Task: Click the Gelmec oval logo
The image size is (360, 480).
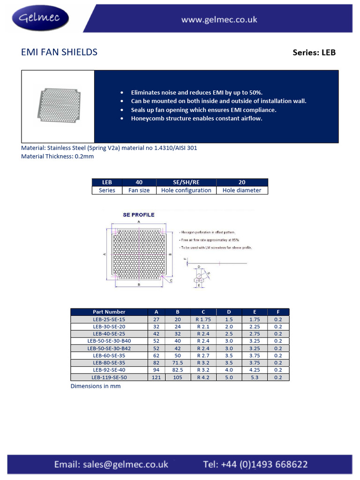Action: click(43, 18)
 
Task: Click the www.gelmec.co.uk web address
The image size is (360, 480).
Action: click(219, 20)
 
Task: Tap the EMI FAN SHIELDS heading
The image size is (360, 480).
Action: click(60, 52)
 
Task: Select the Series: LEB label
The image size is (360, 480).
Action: click(314, 52)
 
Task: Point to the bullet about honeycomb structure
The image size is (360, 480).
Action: click(196, 119)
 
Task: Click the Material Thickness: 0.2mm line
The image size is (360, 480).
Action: click(58, 157)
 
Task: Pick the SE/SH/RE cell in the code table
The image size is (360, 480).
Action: click(186, 182)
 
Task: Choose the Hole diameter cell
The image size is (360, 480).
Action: click(242, 190)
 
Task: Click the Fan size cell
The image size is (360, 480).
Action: click(139, 190)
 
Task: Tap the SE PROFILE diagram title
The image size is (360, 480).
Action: click(138, 215)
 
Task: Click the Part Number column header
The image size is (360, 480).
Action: click(109, 312)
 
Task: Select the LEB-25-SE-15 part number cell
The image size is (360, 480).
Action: click(109, 319)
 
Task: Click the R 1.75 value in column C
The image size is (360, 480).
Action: click(203, 319)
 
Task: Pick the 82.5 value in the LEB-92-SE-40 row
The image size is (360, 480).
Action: click(178, 370)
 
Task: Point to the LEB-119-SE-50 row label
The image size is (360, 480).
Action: click(109, 377)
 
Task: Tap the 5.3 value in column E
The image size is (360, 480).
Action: click(255, 377)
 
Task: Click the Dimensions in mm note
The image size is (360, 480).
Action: click(96, 386)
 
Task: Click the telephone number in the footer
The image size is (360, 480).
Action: click(255, 465)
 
